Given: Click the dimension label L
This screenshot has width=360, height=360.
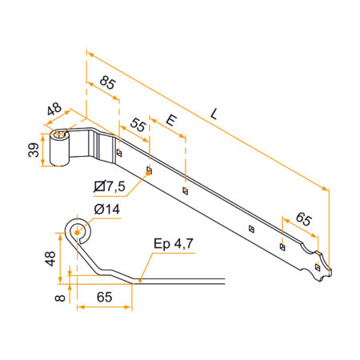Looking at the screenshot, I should point(214,114).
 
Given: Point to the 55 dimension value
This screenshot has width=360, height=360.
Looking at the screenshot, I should point(138,126).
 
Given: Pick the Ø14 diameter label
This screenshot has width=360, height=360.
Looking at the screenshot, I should point(106,210).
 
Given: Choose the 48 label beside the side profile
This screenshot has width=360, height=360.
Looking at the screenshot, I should point(50,258).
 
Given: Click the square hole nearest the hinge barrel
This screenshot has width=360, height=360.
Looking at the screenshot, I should point(118,151).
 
